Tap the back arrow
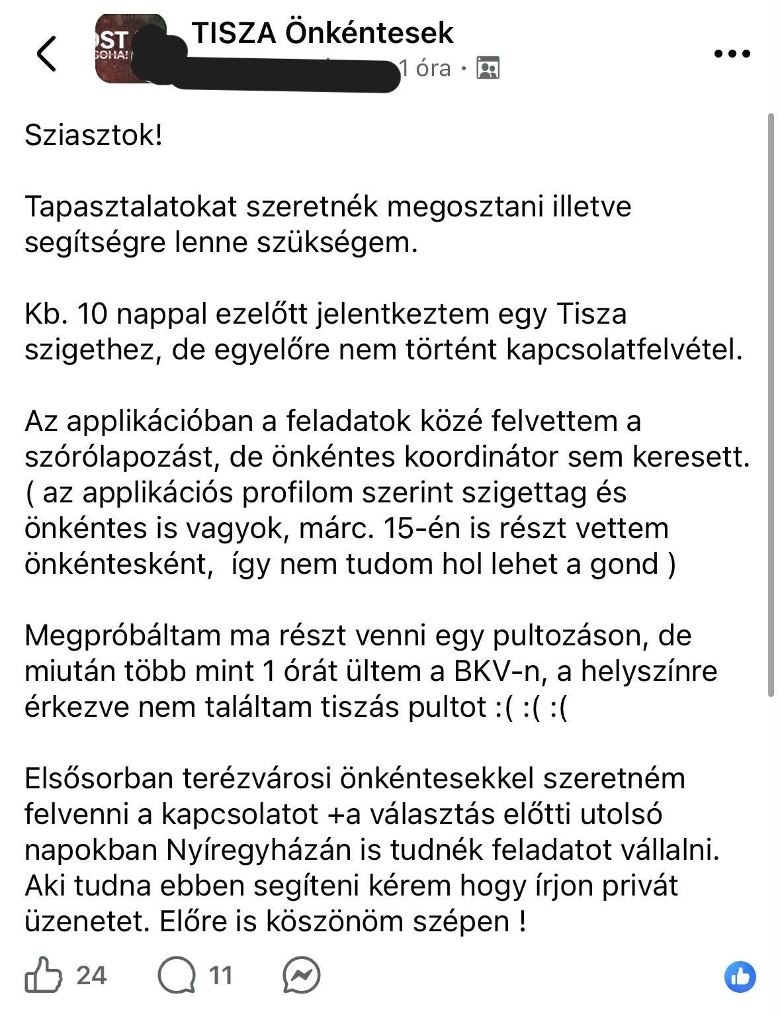[x=47, y=53]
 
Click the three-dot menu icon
[x=733, y=54]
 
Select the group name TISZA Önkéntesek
[x=323, y=32]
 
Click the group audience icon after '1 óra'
[x=488, y=68]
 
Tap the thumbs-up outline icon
[x=44, y=975]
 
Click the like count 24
[x=91, y=975]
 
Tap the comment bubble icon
[x=177, y=975]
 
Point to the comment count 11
[x=221, y=975]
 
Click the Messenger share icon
[x=301, y=975]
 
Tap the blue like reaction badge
[x=740, y=977]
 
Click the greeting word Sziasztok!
[x=93, y=136]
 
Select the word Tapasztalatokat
[x=130, y=207]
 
